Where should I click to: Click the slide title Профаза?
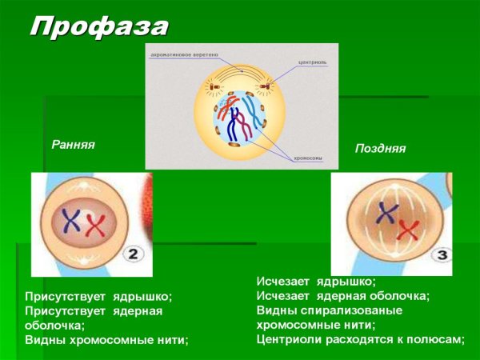pyautogui.click(x=99, y=26)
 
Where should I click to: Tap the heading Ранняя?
pyautogui.click(x=74, y=145)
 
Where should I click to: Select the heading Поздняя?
pyautogui.click(x=380, y=149)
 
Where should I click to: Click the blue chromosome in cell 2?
pyautogui.click(x=71, y=221)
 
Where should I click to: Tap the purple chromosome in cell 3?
pyautogui.click(x=389, y=214)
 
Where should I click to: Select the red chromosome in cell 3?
pyautogui.click(x=408, y=230)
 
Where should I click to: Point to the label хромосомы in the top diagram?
pyautogui.click(x=307, y=158)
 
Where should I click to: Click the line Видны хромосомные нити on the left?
pyautogui.click(x=106, y=340)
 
